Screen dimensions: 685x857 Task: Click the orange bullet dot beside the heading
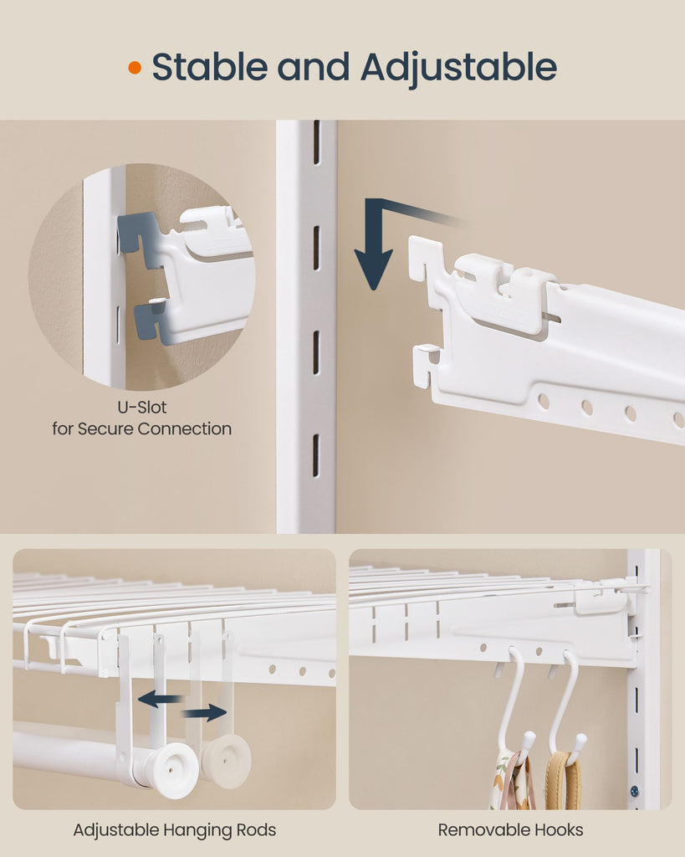pos(135,68)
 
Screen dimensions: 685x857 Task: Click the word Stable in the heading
pos(209,67)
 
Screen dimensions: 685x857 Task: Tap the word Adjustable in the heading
pos(458,68)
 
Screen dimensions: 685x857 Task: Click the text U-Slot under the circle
pos(142,408)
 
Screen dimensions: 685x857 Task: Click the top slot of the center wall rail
pos(316,142)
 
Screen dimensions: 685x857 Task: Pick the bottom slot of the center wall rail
pos(315,455)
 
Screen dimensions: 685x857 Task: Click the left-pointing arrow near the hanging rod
pos(160,699)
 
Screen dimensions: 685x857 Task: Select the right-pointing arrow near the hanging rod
pos(204,712)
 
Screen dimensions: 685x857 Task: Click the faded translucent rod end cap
pos(226,761)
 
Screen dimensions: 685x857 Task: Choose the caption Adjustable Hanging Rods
pos(174,830)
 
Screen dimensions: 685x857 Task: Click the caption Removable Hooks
pos(510,830)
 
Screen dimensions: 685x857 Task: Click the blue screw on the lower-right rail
pos(634,791)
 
